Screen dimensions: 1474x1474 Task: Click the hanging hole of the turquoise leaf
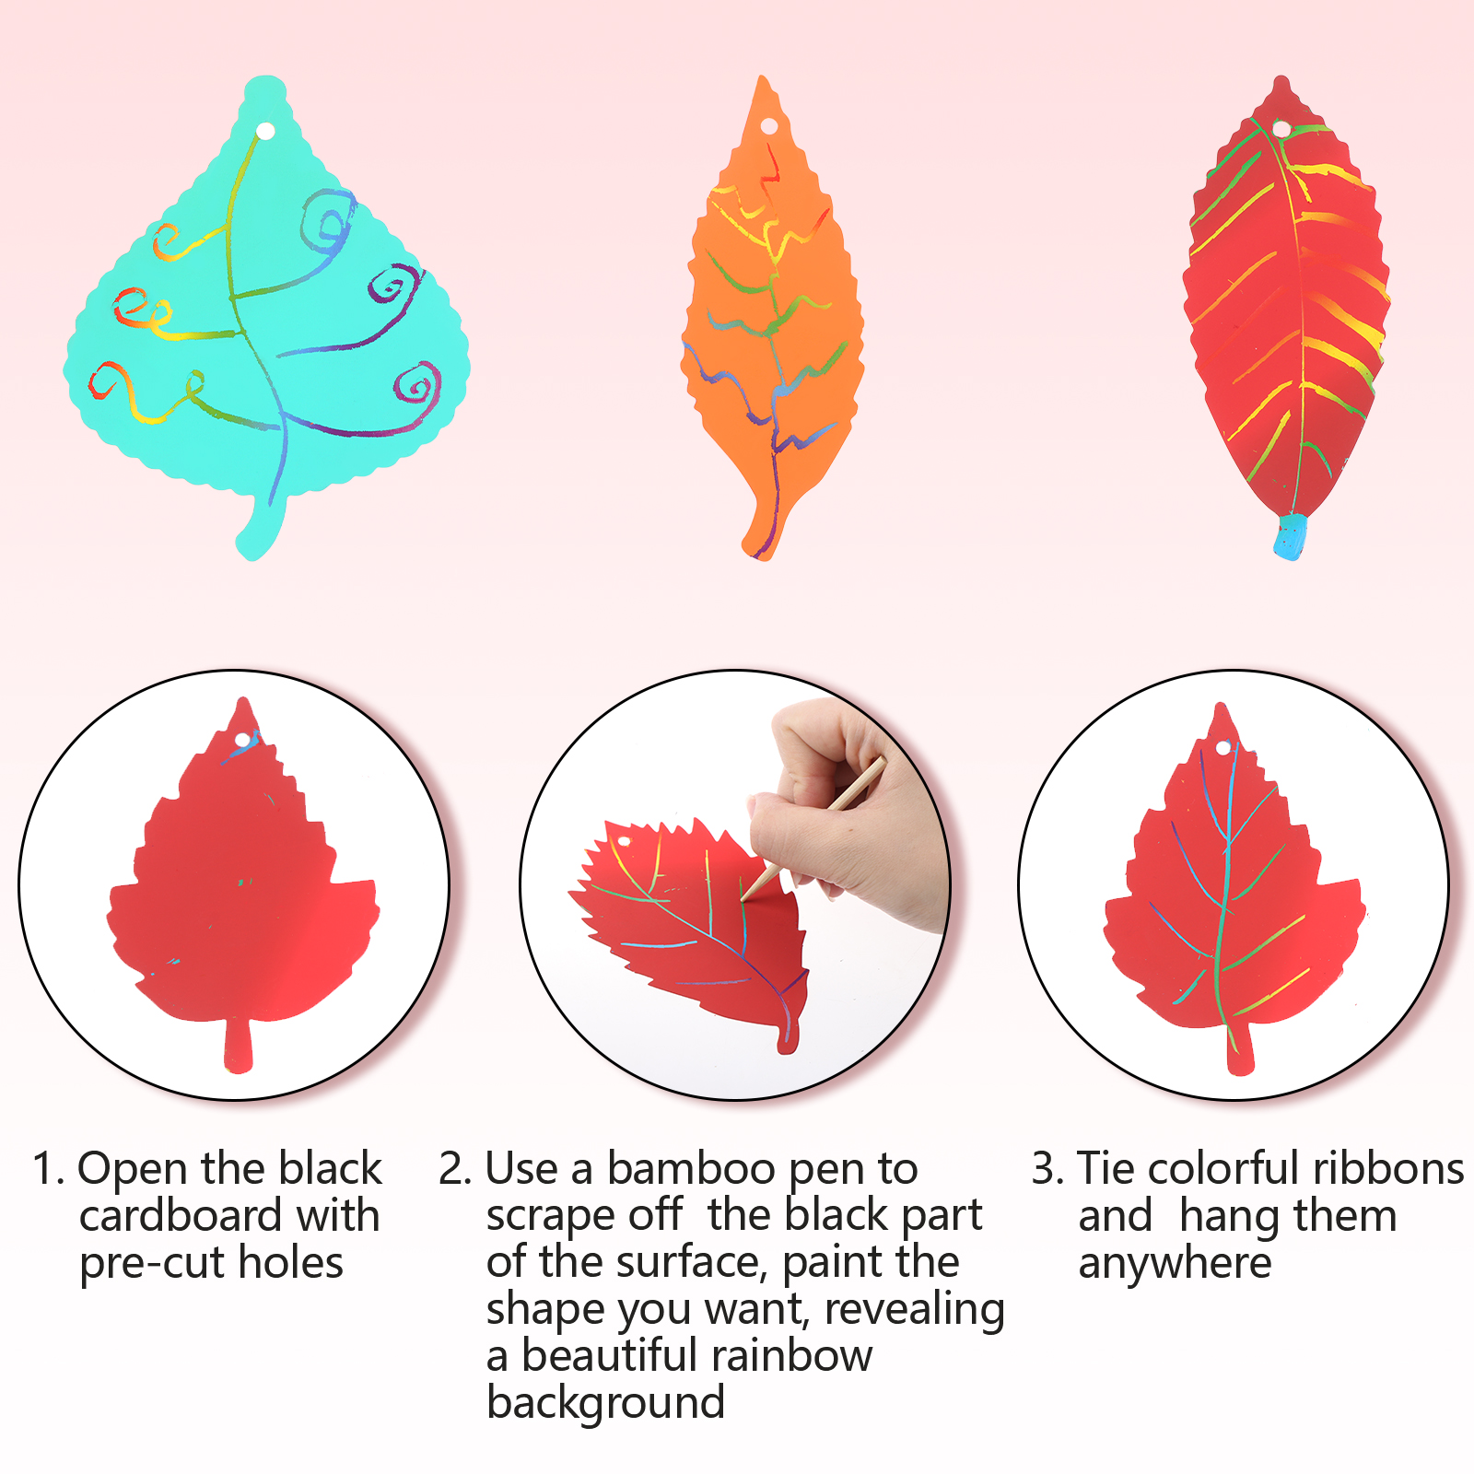[265, 132]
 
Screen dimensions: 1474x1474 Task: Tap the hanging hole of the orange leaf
[768, 125]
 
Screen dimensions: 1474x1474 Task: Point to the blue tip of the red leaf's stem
[1290, 537]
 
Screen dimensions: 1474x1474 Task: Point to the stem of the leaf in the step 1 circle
[238, 1045]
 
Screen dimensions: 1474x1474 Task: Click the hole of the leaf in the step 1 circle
[243, 740]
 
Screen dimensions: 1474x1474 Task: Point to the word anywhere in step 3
[1175, 1264]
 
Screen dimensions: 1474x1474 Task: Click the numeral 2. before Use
[455, 1170]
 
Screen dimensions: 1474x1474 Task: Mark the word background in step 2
[605, 1404]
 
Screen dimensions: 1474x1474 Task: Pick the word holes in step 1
[290, 1263]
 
